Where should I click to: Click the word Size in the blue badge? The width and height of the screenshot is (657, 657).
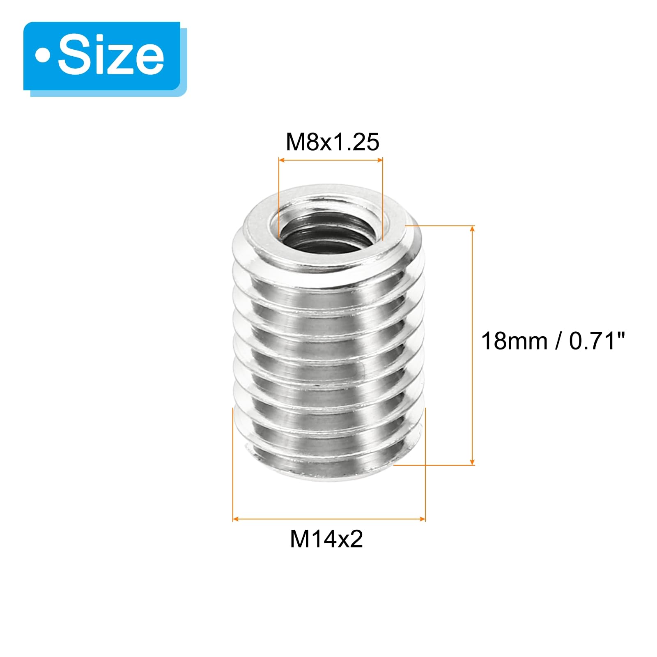tap(111, 55)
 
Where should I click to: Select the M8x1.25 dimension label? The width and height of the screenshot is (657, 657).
tap(332, 142)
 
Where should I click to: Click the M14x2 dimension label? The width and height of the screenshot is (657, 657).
tap(326, 539)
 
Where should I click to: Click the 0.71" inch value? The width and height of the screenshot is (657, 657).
tap(597, 341)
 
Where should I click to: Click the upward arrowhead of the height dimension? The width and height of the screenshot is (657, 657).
tap(473, 229)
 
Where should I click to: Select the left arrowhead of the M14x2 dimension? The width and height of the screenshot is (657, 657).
tap(237, 519)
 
